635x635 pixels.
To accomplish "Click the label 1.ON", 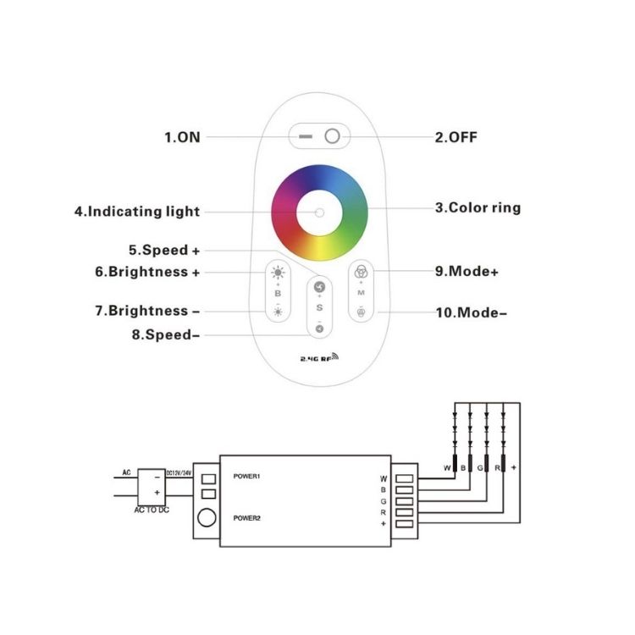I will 183,136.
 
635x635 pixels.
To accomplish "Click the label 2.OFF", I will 461,136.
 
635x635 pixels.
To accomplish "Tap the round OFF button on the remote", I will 333,135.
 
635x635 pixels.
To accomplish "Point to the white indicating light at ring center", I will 318,211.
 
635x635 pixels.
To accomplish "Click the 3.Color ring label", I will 478,207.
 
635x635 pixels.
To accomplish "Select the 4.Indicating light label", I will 136,211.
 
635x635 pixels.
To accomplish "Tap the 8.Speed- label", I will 167,335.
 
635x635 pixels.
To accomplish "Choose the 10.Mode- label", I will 472,312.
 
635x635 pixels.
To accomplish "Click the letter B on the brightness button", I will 278,293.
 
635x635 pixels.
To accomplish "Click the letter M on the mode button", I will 362,293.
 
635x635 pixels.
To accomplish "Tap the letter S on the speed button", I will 319,307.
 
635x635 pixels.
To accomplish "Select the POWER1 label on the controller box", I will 246,477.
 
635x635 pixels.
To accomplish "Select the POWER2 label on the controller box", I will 246,518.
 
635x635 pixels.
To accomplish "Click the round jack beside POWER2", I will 206,518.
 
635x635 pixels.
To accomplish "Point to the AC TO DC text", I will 153,511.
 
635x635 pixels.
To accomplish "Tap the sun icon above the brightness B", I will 278,272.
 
